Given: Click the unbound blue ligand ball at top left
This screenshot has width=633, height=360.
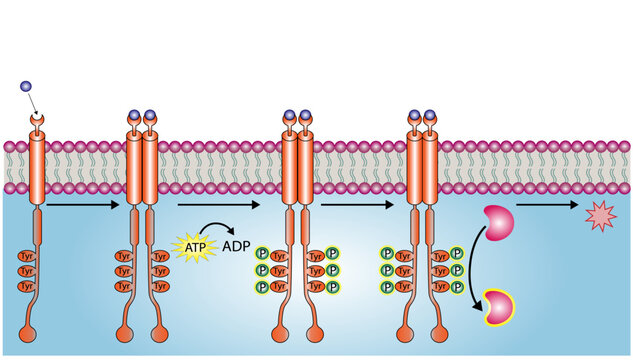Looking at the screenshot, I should pyautogui.click(x=25, y=87).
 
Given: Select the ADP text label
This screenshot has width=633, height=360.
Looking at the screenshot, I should pyautogui.click(x=236, y=246).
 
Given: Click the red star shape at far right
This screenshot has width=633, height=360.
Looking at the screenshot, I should pyautogui.click(x=600, y=215).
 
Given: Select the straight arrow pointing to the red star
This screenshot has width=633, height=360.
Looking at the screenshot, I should pyautogui.click(x=546, y=205).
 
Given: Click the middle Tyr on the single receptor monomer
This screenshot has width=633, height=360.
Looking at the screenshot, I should pyautogui.click(x=26, y=271).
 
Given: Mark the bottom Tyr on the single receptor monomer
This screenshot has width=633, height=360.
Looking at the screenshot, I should pyautogui.click(x=26, y=286).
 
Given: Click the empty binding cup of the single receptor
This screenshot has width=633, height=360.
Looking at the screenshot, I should pyautogui.click(x=38, y=121).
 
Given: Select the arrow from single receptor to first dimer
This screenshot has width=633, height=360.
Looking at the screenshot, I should pyautogui.click(x=85, y=205).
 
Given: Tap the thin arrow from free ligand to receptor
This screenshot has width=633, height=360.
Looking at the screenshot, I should pyautogui.click(x=32, y=101).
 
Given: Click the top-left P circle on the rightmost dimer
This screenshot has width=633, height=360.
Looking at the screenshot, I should pyautogui.click(x=387, y=256).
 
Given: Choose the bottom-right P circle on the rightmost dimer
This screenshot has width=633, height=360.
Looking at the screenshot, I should pyautogui.click(x=456, y=286).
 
